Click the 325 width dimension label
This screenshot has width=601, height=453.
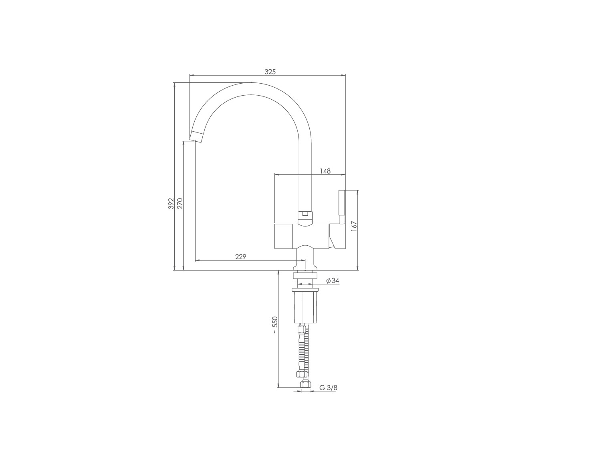270,72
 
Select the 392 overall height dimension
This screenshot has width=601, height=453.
171,203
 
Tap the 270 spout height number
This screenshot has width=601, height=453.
179,203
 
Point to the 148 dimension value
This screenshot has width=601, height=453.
325,171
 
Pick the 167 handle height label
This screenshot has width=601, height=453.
354,226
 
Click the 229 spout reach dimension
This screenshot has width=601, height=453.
241,257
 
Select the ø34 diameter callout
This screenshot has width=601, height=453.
333,281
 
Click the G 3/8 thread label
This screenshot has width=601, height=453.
328,388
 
